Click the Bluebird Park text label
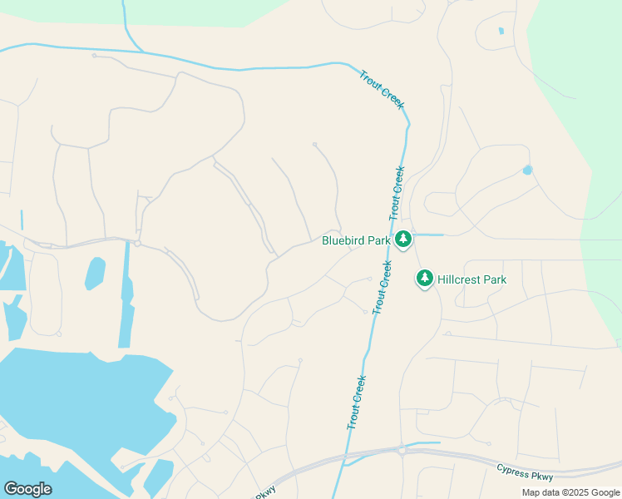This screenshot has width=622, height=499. click(356, 241)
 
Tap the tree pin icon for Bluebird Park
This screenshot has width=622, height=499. click(403, 240)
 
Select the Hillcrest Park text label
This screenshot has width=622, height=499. click(471, 279)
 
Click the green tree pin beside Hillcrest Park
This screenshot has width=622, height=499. click(425, 278)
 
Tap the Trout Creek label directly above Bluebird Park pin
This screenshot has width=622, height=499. click(396, 192)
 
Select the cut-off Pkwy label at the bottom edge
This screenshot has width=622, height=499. click(264, 494)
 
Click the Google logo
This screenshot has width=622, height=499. click(27, 489)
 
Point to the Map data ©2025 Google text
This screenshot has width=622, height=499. click(570, 492)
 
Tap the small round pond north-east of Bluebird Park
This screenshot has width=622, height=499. click(527, 170)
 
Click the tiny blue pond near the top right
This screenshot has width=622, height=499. click(501, 32)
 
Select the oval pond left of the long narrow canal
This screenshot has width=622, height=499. click(95, 273)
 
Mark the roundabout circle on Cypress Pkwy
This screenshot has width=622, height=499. click(401, 450)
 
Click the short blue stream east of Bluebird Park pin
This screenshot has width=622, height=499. click(428, 235)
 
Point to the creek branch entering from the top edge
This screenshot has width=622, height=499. click(126, 25)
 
